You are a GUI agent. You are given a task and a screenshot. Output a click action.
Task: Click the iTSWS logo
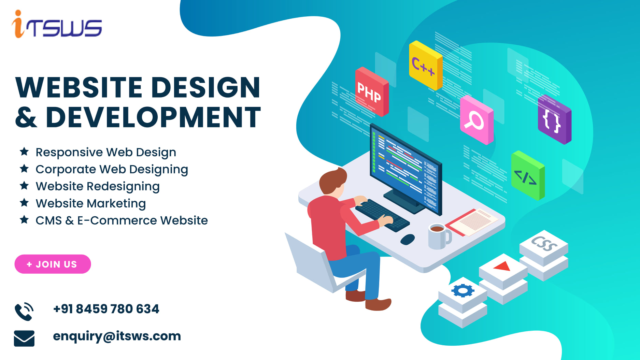[57, 25]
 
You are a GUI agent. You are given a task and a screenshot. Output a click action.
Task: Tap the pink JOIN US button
[53, 264]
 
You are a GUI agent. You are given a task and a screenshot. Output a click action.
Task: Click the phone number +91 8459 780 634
[106, 309]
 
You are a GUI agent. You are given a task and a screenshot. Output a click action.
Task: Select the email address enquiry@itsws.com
[117, 336]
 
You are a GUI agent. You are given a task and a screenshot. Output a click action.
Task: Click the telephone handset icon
[24, 312]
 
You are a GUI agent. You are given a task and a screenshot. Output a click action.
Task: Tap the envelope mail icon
[24, 338]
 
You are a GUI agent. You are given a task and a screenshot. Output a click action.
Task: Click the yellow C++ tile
[425, 66]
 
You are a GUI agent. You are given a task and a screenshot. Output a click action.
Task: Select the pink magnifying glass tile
[476, 120]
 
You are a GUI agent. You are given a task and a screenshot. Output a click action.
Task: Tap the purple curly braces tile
[554, 120]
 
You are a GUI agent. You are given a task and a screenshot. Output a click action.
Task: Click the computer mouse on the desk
[408, 239]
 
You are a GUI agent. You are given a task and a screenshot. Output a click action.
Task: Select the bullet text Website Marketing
[91, 203]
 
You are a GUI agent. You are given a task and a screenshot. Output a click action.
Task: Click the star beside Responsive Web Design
[24, 152]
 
